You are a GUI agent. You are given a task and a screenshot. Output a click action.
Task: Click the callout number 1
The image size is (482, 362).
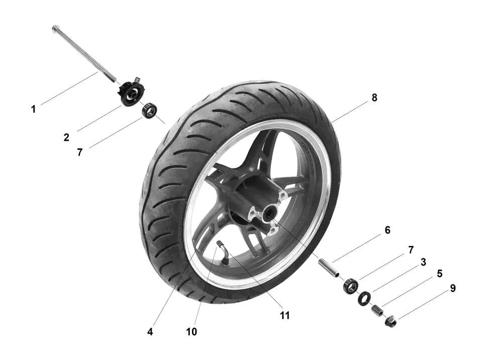coord(34,109)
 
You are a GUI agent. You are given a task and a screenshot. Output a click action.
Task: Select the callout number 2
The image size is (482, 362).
coord(66,137)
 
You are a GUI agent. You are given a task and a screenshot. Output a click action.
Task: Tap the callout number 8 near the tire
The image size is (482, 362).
coord(374,98)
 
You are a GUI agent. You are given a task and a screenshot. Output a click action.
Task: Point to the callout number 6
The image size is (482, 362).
coord(387,230)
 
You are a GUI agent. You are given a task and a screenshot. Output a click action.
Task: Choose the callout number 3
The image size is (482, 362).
coord(423,262)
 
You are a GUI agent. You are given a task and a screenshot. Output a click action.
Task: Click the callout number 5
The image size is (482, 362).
coord(439,274)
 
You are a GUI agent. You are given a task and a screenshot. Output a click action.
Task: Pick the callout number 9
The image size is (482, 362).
coord(452,289)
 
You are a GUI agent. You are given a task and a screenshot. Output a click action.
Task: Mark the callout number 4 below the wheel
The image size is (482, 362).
coord(150,332)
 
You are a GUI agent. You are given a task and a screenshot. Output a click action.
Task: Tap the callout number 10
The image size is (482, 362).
coord(191,332)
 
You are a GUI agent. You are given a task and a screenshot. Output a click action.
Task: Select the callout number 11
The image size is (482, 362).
coord(285,316)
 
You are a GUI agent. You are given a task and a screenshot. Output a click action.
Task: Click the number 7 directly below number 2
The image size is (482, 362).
coord(80,152)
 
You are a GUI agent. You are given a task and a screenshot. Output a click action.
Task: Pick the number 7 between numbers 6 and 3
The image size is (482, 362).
coord(411,250)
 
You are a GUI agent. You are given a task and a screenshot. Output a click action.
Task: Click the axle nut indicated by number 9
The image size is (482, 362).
coord(391,320)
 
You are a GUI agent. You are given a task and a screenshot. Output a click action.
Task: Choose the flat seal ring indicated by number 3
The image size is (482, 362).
coord(364,298)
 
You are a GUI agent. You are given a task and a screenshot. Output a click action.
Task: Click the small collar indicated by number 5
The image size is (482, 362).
coord(377,309)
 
